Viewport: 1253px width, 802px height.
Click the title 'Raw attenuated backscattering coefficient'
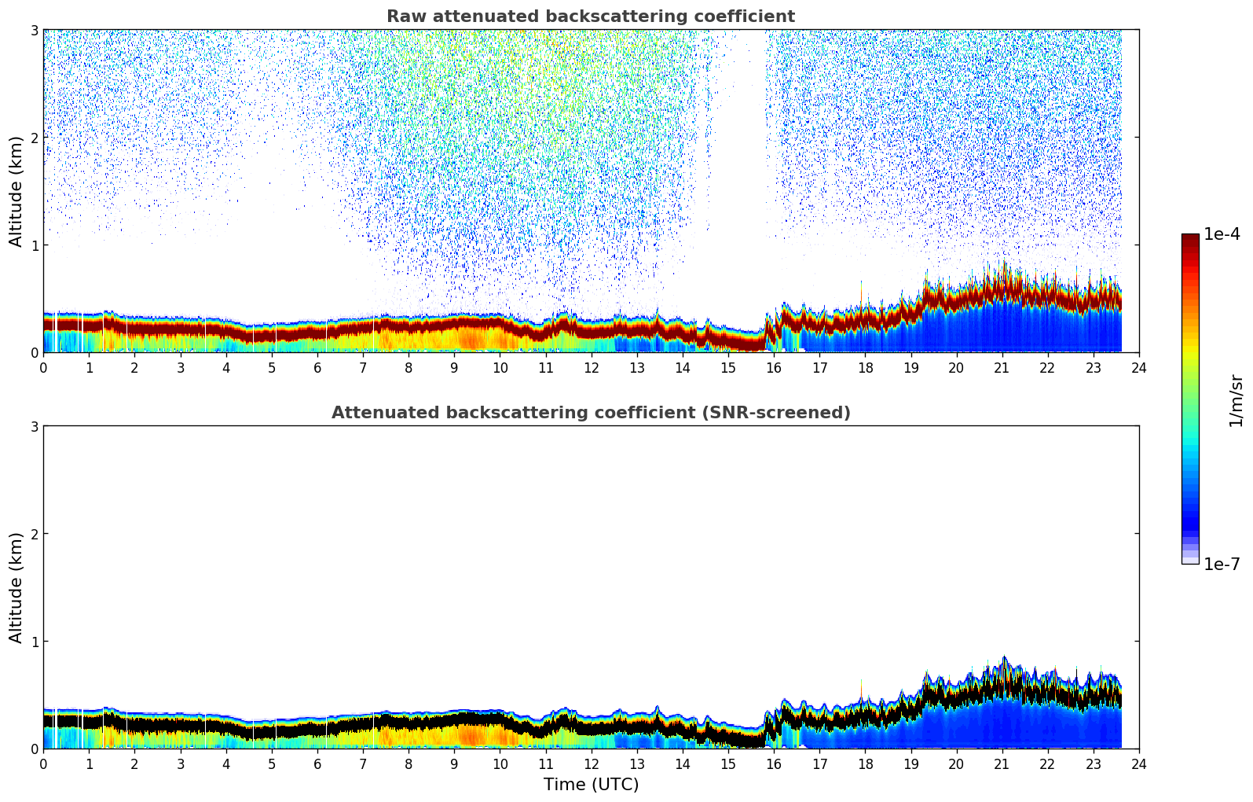point(590,17)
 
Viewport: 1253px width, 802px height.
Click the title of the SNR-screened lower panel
point(590,413)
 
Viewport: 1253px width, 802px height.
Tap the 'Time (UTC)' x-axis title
point(591,785)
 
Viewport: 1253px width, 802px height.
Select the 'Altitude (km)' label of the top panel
point(16,191)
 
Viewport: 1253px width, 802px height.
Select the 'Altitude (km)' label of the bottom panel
point(16,587)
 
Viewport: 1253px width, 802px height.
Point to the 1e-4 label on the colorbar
point(1222,234)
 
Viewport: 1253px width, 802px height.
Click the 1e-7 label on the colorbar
point(1222,564)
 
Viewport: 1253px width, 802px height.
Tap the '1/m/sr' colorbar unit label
point(1236,400)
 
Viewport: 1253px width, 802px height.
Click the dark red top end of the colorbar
point(1190,237)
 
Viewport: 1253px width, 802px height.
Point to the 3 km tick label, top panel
point(34,30)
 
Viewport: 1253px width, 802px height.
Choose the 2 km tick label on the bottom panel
point(34,534)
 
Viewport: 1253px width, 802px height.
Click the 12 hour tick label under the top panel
point(591,368)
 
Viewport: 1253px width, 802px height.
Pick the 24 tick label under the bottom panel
point(1138,764)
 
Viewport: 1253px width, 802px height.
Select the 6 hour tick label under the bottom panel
point(317,764)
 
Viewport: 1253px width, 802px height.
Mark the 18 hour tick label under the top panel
point(865,368)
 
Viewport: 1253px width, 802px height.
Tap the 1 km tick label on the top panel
point(34,245)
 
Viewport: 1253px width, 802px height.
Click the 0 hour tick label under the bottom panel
point(43,764)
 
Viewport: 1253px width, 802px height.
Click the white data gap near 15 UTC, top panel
point(739,157)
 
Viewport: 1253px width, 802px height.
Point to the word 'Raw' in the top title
point(403,17)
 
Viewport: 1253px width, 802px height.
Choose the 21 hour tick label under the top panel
point(1002,368)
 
